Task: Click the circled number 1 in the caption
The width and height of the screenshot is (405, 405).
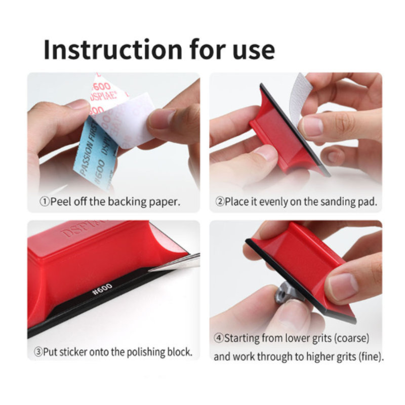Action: (x=44, y=201)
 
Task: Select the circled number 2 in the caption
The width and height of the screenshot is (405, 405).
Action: (x=220, y=201)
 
